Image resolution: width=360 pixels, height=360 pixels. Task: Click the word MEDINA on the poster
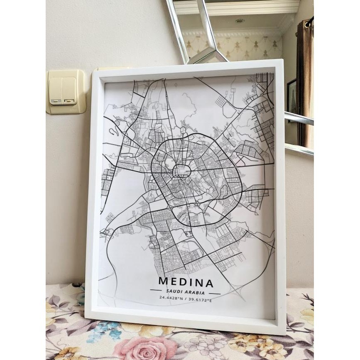click(186, 284)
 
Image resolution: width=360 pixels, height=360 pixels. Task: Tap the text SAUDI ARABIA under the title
click(186, 292)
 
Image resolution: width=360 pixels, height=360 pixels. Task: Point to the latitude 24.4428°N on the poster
click(171, 299)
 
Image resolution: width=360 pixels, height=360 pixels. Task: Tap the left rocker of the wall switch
click(56, 91)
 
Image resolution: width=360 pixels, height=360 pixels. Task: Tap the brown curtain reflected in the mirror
click(305, 83)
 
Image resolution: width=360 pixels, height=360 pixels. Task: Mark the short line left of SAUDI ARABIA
click(157, 291)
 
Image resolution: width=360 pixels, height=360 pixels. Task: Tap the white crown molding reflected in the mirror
click(237, 7)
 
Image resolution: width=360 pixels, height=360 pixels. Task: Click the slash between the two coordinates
click(186, 299)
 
